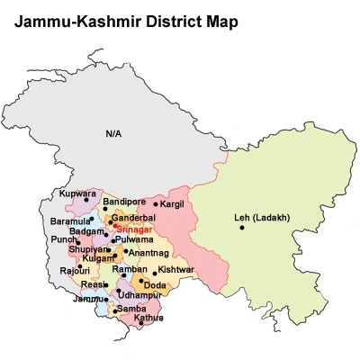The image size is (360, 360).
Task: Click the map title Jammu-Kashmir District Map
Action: (126, 20)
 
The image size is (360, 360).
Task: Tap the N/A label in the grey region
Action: (113, 134)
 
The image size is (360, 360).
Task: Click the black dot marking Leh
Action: (241, 227)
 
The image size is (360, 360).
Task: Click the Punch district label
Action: (64, 240)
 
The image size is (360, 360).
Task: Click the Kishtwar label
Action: (176, 270)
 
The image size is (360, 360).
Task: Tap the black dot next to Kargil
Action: (152, 207)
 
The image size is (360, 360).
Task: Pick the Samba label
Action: (131, 309)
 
